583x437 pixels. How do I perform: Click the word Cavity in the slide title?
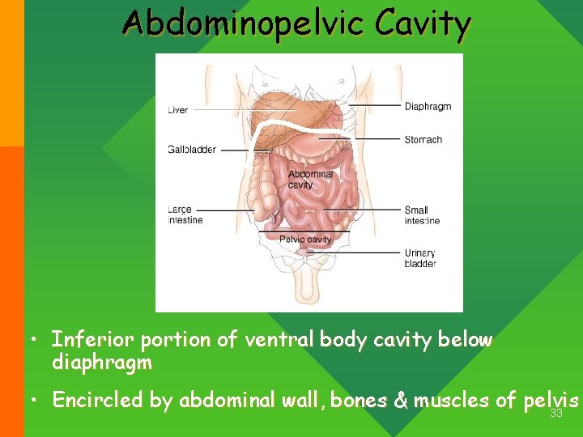pyautogui.click(x=423, y=24)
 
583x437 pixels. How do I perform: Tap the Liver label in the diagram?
pyautogui.click(x=178, y=110)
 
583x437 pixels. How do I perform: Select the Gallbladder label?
pyautogui.click(x=192, y=150)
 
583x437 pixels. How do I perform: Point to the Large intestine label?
pyautogui.click(x=185, y=214)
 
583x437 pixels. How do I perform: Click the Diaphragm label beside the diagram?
pyautogui.click(x=428, y=106)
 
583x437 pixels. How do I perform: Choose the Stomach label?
pyautogui.click(x=423, y=140)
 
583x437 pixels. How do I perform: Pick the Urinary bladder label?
pyautogui.click(x=420, y=258)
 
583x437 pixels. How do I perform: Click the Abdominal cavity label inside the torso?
pyautogui.click(x=310, y=179)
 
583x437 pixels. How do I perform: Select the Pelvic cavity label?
pyautogui.click(x=305, y=240)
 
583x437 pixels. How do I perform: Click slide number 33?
pyautogui.click(x=556, y=414)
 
